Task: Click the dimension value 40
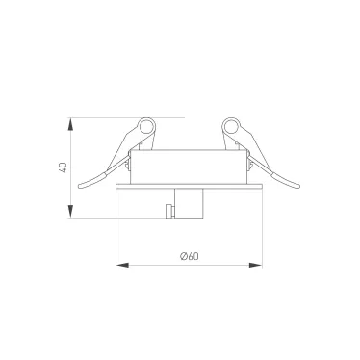[x=64, y=167]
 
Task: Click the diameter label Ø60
[x=190, y=256]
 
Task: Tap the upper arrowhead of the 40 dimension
[x=70, y=124]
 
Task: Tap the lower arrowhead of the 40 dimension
[x=70, y=212]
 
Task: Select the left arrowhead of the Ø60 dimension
[x=122, y=266]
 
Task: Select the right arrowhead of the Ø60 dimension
[x=256, y=266]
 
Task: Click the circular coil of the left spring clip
[x=147, y=125]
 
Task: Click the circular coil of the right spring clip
[x=231, y=125]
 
